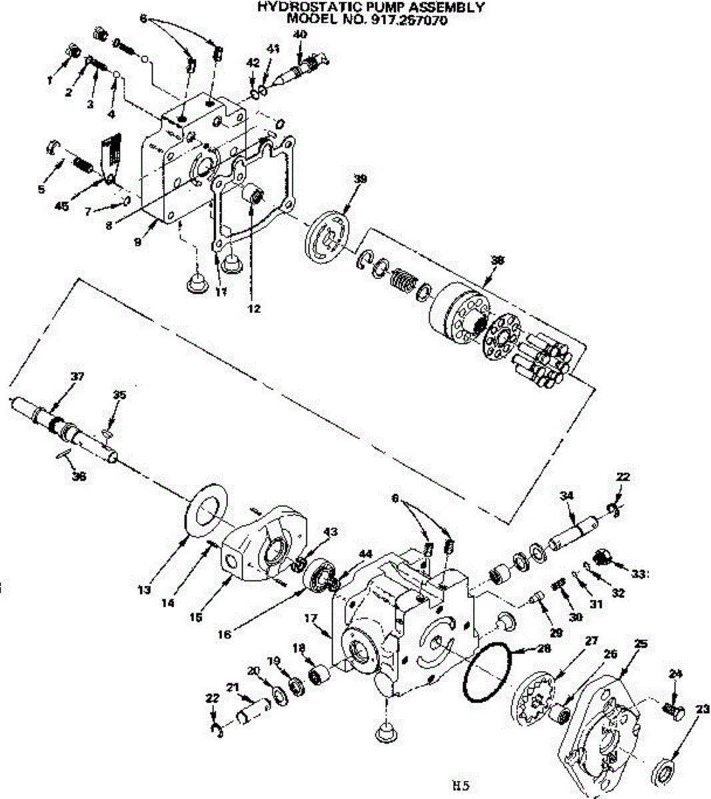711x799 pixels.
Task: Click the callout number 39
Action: tap(360, 179)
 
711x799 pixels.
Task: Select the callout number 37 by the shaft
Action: tap(78, 377)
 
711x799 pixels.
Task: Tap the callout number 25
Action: tap(641, 645)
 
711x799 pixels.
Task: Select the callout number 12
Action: tap(253, 309)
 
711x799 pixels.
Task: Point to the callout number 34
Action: tap(566, 496)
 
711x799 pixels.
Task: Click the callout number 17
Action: tap(311, 619)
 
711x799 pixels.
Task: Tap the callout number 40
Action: tap(300, 34)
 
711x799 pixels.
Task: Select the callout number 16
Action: tap(225, 635)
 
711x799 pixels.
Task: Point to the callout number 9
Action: tap(137, 242)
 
